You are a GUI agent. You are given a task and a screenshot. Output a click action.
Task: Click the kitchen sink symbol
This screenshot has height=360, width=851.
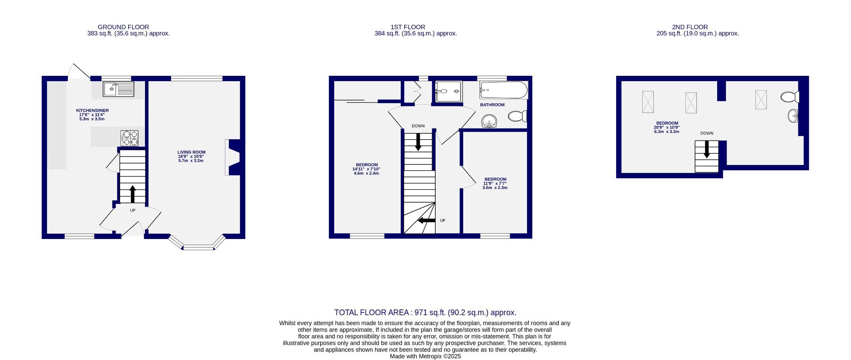point(118,89)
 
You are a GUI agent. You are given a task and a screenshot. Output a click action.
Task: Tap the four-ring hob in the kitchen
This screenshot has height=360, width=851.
point(129,138)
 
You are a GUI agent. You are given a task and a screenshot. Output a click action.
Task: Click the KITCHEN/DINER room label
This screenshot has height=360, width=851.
point(92,110)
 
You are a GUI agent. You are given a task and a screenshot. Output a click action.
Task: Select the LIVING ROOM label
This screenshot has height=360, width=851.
point(191,152)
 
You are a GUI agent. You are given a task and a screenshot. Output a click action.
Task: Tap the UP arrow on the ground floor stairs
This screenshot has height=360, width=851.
point(133,194)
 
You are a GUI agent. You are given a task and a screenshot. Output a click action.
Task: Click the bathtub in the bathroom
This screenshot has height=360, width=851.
point(504,90)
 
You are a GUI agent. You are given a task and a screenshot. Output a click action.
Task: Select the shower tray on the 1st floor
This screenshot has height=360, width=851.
point(448,91)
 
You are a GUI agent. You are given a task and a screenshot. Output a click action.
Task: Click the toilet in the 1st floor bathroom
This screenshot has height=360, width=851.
point(517,116)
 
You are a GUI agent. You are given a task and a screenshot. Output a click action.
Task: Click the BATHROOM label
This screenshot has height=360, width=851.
point(492,105)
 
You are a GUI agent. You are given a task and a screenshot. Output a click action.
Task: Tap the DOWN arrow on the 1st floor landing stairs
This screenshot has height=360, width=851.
point(418,142)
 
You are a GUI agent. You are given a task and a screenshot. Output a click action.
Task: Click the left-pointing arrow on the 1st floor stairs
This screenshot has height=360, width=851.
point(426,220)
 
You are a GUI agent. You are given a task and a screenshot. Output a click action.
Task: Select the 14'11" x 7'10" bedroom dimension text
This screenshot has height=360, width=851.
point(366,169)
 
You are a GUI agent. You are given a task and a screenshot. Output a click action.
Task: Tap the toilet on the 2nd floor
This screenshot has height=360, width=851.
point(790,97)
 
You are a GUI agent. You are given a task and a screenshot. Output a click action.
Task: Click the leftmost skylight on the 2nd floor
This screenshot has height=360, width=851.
point(648,102)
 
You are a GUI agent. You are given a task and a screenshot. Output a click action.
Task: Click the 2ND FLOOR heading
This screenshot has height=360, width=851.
point(690,27)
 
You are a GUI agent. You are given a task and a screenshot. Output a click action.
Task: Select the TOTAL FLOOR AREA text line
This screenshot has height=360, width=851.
point(425,313)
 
